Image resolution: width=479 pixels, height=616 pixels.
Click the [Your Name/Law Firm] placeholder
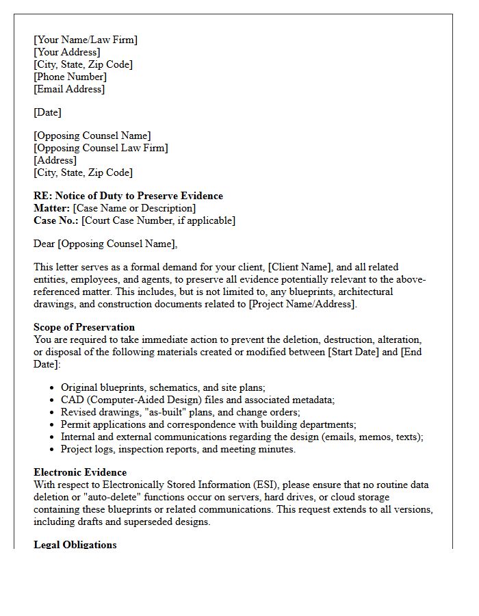pos(86,40)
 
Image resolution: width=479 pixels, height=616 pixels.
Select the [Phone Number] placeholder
pos(70,77)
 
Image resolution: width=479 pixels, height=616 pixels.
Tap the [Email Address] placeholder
pos(69,89)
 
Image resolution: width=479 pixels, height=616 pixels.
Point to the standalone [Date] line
pos(47,112)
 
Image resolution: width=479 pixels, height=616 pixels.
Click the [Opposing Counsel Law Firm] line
pos(101,148)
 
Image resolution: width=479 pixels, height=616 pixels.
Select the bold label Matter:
pos(52,208)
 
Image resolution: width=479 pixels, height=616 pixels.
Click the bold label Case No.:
pos(56,220)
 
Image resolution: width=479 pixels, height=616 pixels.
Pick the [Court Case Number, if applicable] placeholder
pos(158,220)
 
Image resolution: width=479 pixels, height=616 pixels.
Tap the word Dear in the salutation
pos(44,244)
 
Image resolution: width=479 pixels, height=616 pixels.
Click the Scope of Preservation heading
pos(84,327)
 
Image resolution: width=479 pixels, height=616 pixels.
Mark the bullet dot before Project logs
pos(53,450)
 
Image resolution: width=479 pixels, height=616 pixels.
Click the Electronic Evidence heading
pos(80,472)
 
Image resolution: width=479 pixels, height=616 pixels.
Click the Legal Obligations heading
pos(75,545)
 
